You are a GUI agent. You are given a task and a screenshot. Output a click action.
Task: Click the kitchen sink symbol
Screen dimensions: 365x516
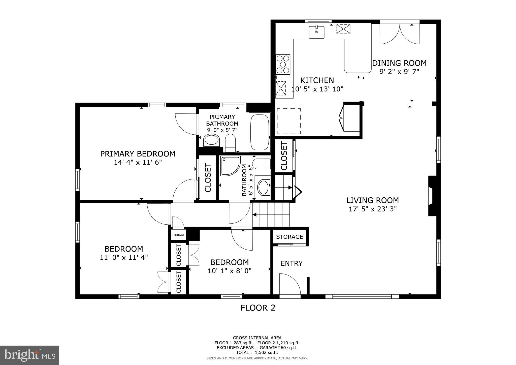click(317, 32)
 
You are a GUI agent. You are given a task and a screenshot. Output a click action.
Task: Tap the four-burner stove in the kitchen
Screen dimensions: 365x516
click(283, 64)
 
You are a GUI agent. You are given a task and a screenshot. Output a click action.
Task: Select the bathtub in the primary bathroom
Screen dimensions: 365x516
click(259, 132)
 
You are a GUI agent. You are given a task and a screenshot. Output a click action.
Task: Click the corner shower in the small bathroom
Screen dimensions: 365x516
click(230, 165)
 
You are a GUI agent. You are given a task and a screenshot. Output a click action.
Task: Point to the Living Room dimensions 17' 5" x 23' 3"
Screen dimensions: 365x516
click(373, 209)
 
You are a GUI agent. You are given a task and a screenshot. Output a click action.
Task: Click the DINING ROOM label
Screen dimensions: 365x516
click(399, 63)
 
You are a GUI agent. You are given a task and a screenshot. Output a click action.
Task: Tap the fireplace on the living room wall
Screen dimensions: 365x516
click(432, 196)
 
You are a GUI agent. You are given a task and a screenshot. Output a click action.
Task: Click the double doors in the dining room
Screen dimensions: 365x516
click(400, 34)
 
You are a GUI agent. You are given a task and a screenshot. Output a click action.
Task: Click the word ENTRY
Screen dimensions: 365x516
click(292, 263)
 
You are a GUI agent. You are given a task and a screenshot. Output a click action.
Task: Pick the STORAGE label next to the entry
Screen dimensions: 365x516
click(289, 237)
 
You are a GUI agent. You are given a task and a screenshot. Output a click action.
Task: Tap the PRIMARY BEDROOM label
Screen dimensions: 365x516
click(138, 154)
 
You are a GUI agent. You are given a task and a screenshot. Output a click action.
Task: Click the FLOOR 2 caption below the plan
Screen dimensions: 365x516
click(258, 308)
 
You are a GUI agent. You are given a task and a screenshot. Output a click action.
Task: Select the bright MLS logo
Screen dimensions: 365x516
click(29, 355)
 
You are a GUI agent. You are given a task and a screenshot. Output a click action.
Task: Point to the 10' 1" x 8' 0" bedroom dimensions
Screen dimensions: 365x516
click(230, 271)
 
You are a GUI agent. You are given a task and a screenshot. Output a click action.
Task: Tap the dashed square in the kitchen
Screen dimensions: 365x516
click(289, 121)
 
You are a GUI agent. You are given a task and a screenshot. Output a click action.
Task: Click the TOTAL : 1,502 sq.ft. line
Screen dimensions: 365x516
click(257, 352)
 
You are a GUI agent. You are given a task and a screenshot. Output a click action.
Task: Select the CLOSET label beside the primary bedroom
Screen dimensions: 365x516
click(208, 178)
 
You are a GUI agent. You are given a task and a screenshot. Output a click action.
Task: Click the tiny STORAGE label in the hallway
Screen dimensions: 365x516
click(178, 235)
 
